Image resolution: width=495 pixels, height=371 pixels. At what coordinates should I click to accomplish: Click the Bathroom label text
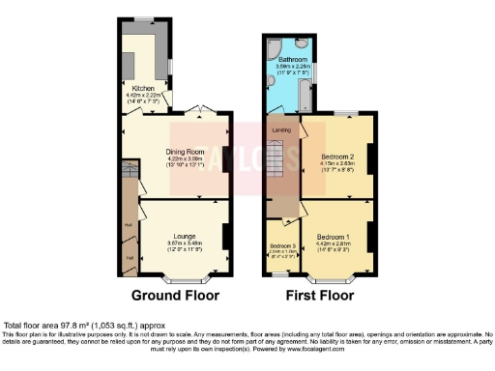pos(292,58)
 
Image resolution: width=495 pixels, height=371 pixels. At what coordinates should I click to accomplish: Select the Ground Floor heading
pos(175,296)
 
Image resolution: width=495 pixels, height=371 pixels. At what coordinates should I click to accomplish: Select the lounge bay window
pos(176,277)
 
